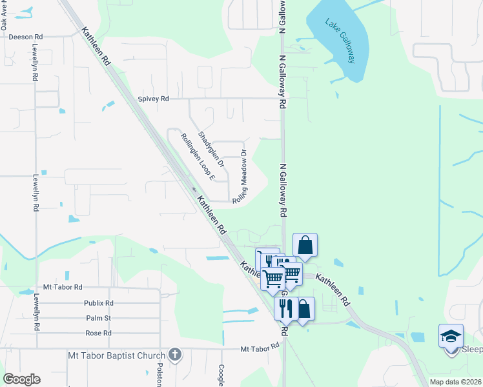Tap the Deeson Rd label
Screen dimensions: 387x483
click(x=26, y=37)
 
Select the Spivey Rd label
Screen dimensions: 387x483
click(x=153, y=99)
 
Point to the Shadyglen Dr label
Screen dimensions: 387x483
click(x=211, y=150)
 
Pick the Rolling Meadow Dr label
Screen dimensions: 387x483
click(x=240, y=177)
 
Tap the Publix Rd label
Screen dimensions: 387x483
click(x=98, y=303)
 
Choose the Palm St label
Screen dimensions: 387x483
click(x=98, y=318)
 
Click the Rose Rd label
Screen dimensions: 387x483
click(x=98, y=333)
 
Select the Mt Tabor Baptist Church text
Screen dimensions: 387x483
click(x=117, y=355)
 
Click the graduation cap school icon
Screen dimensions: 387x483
click(x=451, y=336)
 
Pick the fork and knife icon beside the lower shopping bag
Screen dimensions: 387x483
click(x=285, y=308)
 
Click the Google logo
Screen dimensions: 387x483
click(x=22, y=379)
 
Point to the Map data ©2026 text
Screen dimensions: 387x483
click(x=456, y=382)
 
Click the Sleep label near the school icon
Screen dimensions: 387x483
click(x=472, y=350)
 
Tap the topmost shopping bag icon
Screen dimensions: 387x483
click(x=305, y=245)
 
